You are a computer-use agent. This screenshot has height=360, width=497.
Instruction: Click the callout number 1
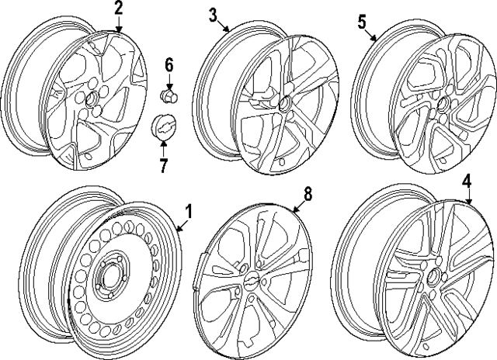pyautogui.click(x=187, y=211)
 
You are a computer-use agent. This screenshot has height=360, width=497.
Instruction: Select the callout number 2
pyautogui.click(x=118, y=9)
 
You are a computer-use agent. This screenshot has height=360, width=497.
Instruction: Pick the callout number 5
pyautogui.click(x=361, y=22)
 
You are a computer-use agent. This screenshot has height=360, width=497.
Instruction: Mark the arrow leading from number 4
pyautogui.click(x=468, y=199)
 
